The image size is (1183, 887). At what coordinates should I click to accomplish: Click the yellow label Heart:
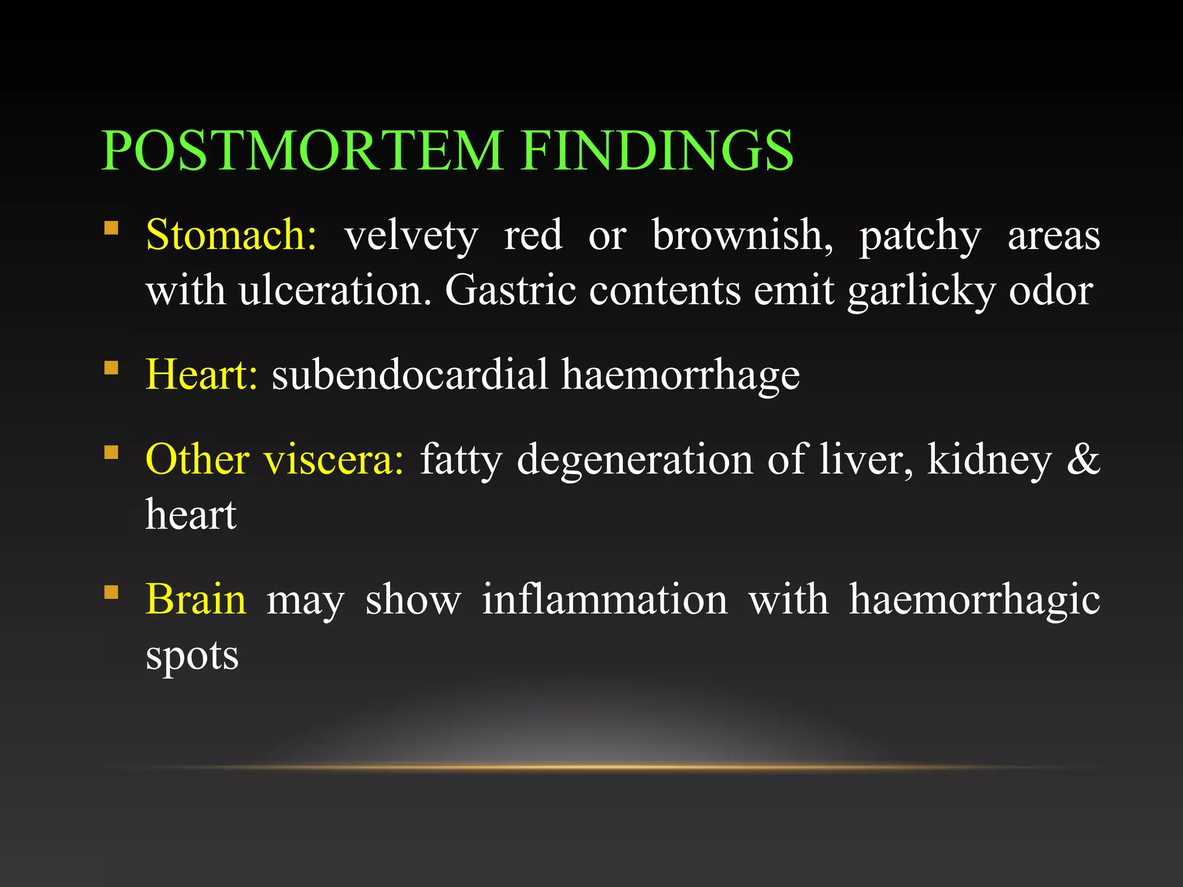click(x=201, y=375)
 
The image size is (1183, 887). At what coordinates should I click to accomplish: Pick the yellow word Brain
click(x=196, y=599)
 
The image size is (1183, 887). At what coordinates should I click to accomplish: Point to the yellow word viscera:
click(x=334, y=460)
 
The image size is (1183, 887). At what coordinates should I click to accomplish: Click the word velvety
click(x=411, y=236)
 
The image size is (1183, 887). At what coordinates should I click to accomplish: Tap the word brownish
click(x=742, y=236)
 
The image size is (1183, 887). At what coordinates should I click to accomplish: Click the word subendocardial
click(x=410, y=375)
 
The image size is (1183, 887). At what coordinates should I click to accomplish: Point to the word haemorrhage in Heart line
click(x=680, y=375)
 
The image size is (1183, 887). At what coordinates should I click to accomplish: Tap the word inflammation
click(x=605, y=599)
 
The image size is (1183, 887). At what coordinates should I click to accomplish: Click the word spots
click(x=192, y=657)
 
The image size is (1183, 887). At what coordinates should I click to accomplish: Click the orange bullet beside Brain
click(x=111, y=592)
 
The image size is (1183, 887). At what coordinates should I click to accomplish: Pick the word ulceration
click(x=335, y=290)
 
